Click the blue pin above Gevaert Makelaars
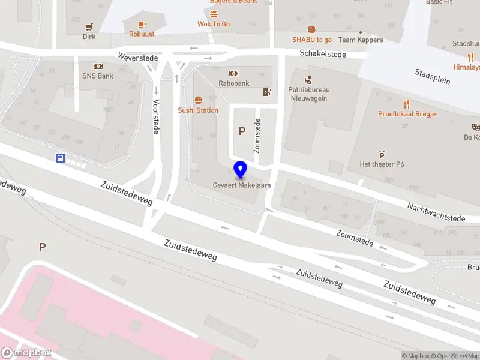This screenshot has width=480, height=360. pos(241,170)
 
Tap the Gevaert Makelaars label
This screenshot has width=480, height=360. pos(242,185)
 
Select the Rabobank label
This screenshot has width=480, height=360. pos(233,83)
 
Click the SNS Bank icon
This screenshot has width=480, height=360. pos(98,66)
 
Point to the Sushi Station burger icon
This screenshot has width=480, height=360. pos(198,100)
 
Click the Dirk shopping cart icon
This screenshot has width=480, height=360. pos(89,26)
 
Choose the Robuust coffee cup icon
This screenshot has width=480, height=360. pos(142,24)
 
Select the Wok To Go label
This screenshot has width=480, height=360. pos(214,24)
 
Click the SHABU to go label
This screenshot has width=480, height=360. pos(312,40)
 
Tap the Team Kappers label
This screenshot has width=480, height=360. pos(361,40)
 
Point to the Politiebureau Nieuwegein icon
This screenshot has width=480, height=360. pos(308,80)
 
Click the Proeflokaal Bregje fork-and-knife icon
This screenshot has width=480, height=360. pos(406,103)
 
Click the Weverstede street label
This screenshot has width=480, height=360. pos(138,58)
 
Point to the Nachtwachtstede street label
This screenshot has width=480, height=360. pos(437,212)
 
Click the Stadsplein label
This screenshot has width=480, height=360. pos(432,77)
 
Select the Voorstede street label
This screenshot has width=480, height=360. pos(156,116)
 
